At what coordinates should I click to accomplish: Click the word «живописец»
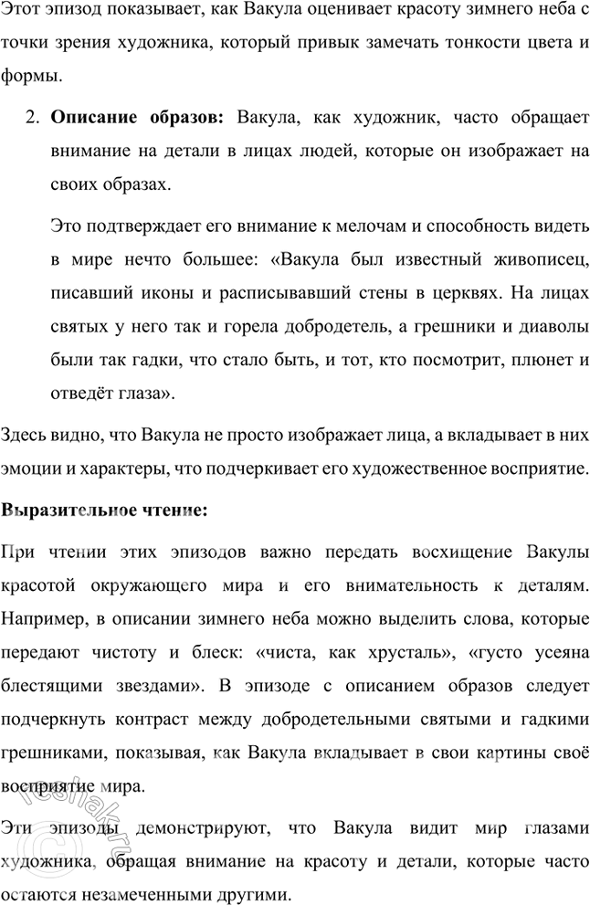(x=538, y=259)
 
